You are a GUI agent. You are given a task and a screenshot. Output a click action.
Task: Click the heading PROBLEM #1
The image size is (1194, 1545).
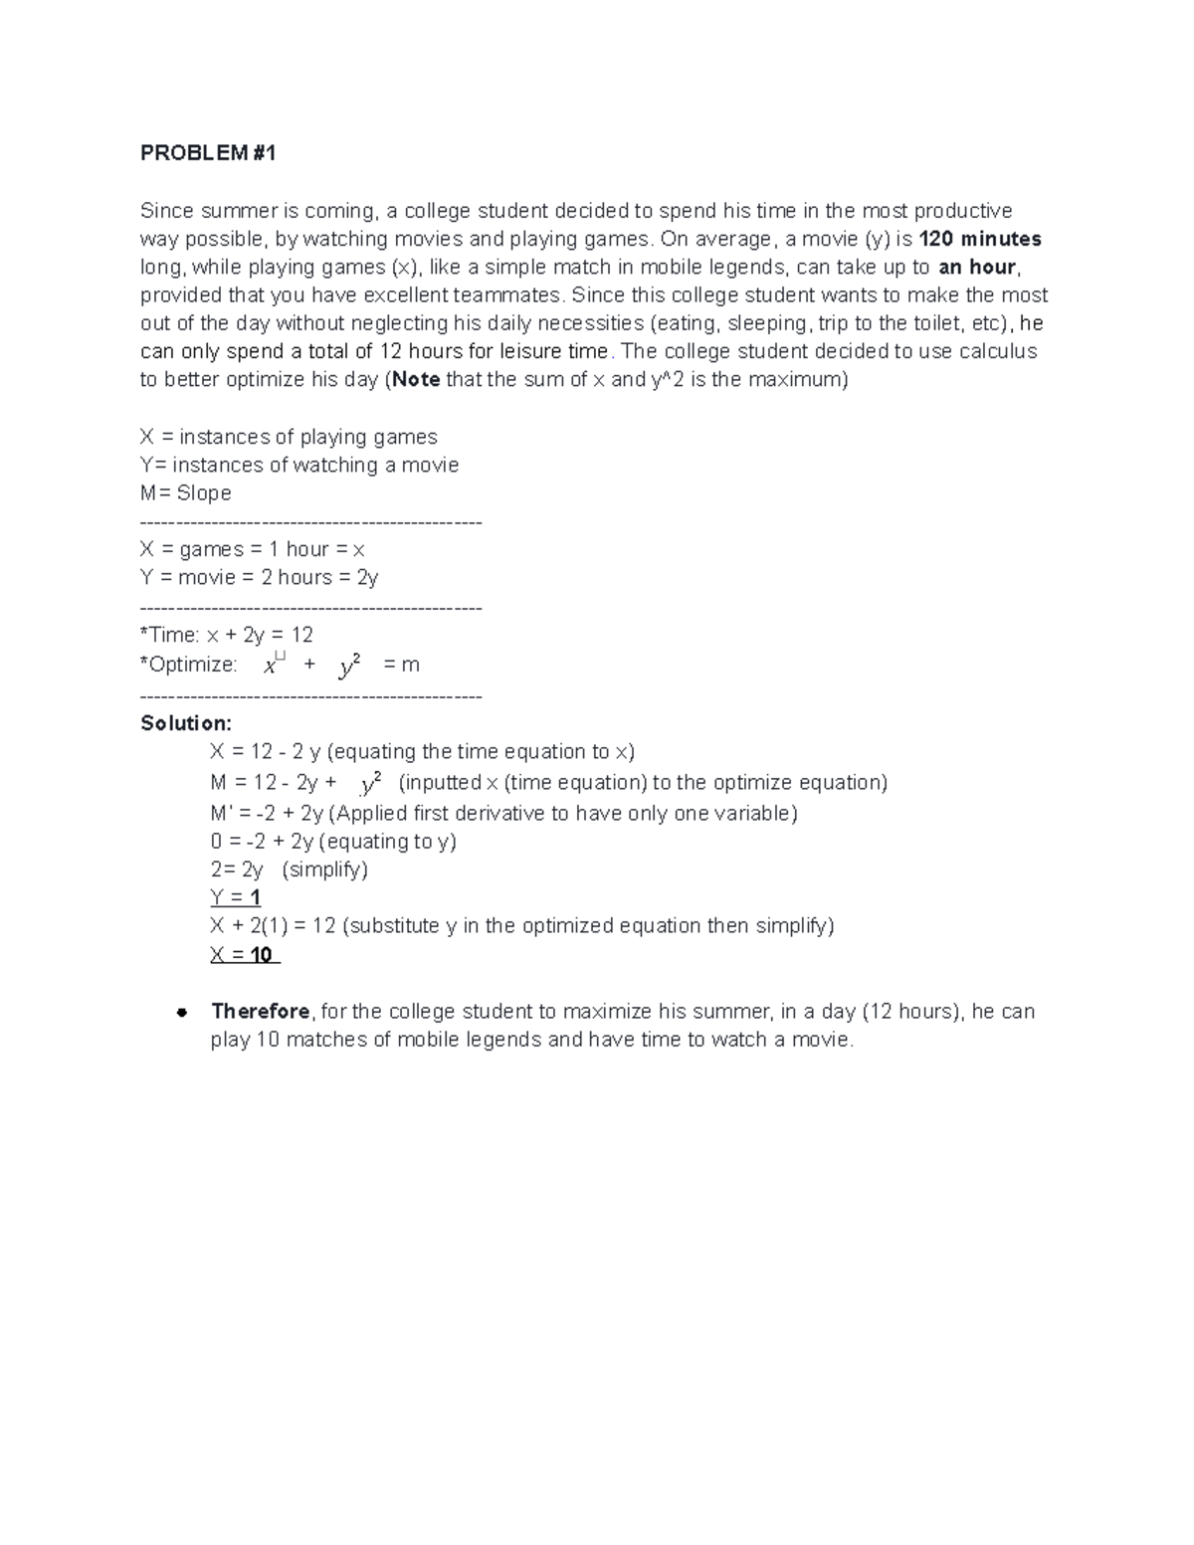208,153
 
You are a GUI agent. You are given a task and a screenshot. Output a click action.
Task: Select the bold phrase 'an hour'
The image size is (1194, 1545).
977,267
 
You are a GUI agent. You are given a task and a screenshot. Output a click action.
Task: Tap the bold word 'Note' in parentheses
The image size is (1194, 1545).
416,379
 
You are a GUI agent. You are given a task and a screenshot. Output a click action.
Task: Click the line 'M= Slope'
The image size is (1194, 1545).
186,493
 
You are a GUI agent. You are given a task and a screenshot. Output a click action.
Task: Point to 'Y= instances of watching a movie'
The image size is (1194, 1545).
299,465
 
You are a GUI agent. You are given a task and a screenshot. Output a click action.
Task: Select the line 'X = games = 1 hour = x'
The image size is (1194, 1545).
253,549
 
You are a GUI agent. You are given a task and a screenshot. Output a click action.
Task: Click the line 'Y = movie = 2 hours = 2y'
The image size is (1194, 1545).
259,577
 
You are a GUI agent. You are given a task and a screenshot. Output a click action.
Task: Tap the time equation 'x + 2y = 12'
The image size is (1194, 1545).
260,635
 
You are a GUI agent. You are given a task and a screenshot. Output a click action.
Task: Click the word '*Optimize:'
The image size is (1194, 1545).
189,665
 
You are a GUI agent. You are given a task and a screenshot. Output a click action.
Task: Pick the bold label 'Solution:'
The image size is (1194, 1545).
186,723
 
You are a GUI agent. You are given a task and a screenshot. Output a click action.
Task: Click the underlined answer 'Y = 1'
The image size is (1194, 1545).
236,897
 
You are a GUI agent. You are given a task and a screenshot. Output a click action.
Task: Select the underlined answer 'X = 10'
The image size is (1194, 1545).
242,955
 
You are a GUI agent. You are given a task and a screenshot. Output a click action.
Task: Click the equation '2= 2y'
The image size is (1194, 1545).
237,869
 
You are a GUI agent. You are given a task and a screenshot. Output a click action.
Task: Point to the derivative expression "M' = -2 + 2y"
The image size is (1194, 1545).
266,814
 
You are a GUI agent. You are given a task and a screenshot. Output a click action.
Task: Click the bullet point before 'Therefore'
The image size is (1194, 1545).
182,1013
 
